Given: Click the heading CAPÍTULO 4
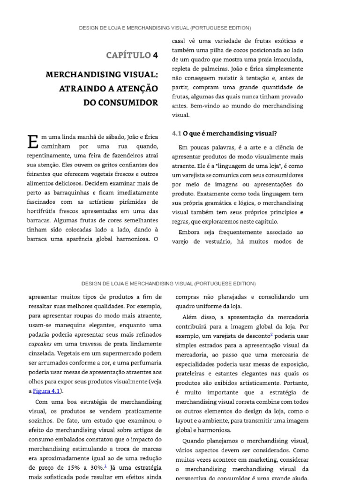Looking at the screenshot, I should pos(132,56).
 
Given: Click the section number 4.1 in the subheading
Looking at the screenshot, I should pos(176,133).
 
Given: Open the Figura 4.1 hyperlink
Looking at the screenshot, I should pos(48,391).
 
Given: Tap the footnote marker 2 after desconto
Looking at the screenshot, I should pos(271,335).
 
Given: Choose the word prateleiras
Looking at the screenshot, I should pos(193,374).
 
